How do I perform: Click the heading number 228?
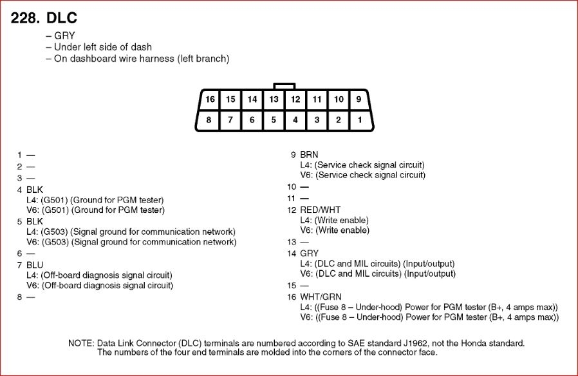pos(24,18)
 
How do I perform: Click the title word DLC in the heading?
pos(62,18)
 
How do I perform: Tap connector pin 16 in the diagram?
pos(209,99)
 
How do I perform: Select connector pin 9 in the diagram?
pos(360,99)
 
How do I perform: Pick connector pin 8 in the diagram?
pos(209,119)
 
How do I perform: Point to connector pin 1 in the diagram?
pos(360,119)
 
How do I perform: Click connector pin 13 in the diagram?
pos(274,99)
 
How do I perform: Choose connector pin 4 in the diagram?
pos(295,119)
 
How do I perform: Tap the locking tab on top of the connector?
pos(284,85)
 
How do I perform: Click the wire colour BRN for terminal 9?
pos(309,155)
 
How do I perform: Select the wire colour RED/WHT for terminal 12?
pos(321,210)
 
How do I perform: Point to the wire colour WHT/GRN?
pos(321,297)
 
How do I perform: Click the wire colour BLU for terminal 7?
pos(35,265)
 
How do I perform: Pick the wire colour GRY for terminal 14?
pos(309,253)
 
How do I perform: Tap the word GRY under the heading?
pos(64,36)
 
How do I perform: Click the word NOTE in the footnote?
pos(80,342)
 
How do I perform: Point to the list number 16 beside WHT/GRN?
pos(292,297)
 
